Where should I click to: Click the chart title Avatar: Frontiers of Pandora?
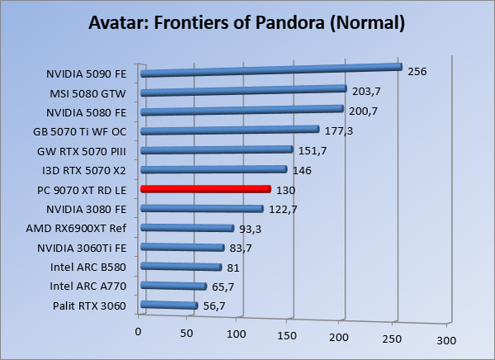click(247, 22)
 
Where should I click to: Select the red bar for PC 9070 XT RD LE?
click(206, 189)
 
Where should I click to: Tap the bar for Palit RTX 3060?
click(169, 306)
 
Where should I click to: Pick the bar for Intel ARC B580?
click(181, 267)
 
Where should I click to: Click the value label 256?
click(417, 72)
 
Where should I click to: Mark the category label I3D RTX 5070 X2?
click(83, 170)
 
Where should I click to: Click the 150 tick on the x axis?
click(286, 336)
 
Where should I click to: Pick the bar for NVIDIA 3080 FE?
click(202, 209)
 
